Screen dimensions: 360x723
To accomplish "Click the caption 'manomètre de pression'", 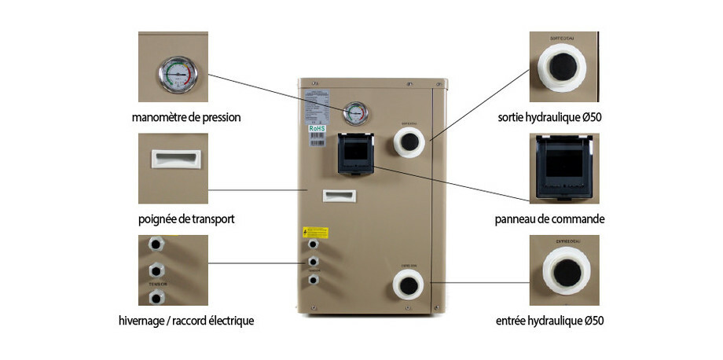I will (x=186, y=118).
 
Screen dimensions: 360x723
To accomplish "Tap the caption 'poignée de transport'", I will (x=186, y=219).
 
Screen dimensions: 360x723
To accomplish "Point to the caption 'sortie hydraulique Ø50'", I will (x=550, y=118).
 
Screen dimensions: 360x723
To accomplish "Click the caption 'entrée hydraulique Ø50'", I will (x=550, y=321).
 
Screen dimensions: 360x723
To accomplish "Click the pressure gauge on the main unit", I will (x=355, y=113).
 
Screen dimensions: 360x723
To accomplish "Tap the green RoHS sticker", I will (x=317, y=127).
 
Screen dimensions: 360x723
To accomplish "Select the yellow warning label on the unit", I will (x=316, y=232).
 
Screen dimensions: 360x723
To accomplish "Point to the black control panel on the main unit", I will (x=354, y=152).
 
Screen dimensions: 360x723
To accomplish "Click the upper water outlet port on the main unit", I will (x=409, y=141).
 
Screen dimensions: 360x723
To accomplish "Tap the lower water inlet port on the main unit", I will (x=409, y=284).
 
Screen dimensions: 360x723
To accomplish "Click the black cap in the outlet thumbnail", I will (x=563, y=68).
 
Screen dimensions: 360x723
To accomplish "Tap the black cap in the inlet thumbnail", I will (x=564, y=273).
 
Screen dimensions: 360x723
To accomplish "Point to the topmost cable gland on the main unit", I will (x=313, y=244).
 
